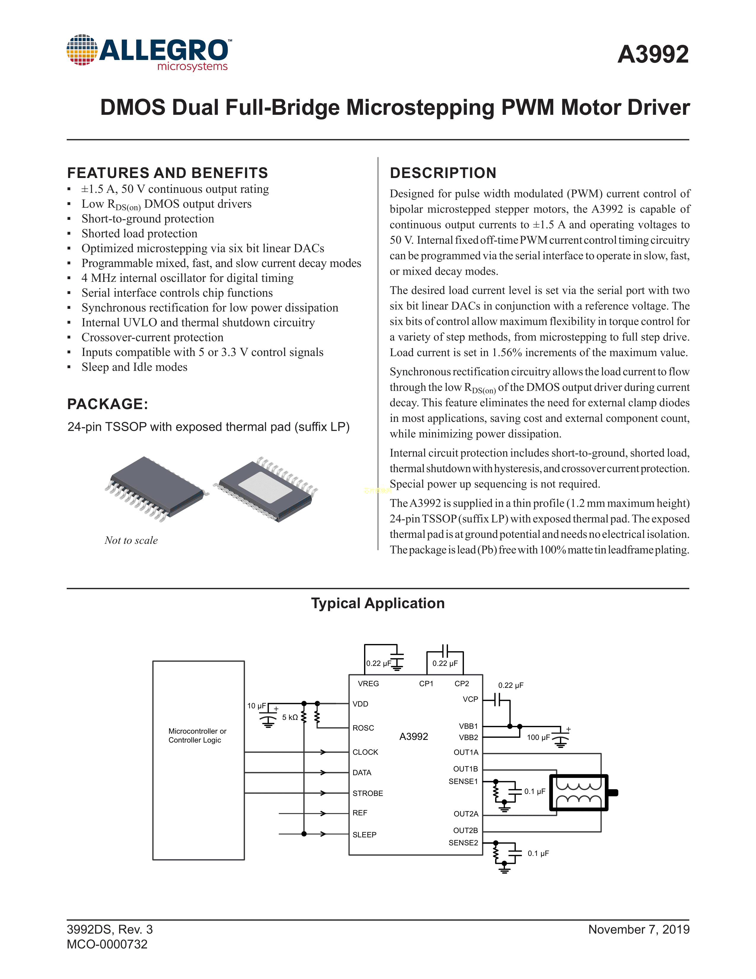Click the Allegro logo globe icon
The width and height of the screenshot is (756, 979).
[x=82, y=50]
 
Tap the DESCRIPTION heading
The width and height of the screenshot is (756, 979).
[x=443, y=173]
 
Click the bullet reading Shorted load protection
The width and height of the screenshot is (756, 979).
[x=139, y=233]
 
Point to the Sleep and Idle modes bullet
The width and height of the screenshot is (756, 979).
[x=134, y=367]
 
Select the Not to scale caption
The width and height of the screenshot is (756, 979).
[x=131, y=540]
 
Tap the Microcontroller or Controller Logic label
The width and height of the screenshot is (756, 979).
[x=197, y=736]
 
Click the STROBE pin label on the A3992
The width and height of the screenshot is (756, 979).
[x=367, y=793]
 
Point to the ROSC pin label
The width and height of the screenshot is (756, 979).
[x=363, y=728]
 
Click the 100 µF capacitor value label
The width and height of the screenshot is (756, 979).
[x=538, y=738]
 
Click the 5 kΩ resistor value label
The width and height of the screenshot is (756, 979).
[x=290, y=718]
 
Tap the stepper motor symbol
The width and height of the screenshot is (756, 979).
[x=579, y=792]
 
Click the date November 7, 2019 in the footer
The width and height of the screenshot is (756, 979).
[x=639, y=930]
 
